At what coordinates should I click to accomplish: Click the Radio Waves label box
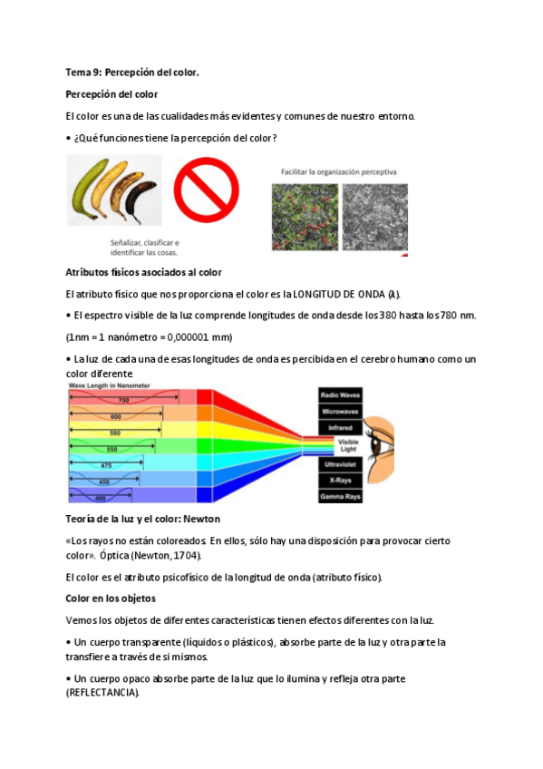[341, 395]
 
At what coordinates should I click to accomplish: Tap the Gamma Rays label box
[341, 496]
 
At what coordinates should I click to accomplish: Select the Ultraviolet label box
[341, 463]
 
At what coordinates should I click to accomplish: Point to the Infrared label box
[341, 427]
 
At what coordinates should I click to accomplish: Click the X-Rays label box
[341, 480]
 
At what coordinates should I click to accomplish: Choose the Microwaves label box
[341, 412]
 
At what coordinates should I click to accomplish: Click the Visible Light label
[348, 444]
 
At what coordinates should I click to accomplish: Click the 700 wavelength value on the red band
[124, 399]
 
